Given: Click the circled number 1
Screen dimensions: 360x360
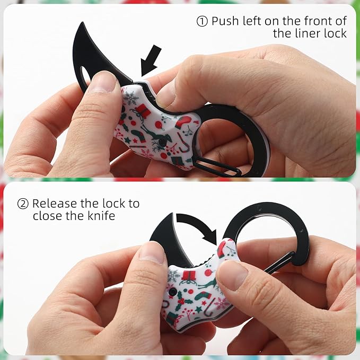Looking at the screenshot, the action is pos(202,21).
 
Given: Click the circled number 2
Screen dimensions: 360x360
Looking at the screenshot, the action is pos(23,204).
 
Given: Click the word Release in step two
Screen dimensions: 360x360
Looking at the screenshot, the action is pos(54,204).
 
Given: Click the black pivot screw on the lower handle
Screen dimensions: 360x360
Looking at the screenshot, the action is pos(172,292).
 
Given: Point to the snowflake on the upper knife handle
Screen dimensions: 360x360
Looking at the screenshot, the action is pos(131,99).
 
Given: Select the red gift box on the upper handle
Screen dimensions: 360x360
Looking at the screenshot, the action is pos(143,111).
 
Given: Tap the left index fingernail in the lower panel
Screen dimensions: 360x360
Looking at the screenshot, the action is pos(152,253).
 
